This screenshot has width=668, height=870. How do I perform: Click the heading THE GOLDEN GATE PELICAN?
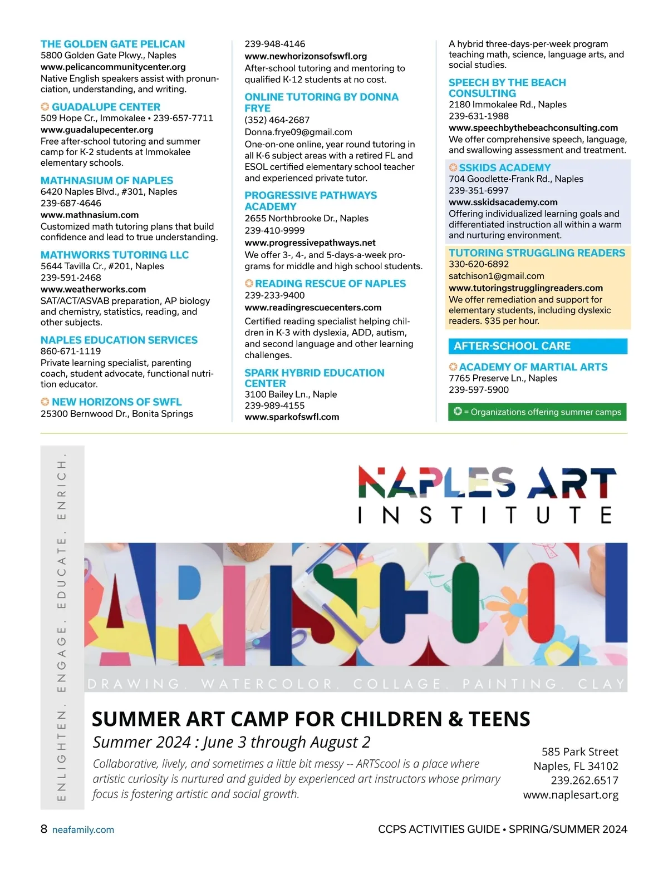tap(112, 44)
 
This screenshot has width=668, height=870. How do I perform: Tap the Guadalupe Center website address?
tap(97, 130)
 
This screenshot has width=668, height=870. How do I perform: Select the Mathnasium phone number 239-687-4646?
tap(71, 203)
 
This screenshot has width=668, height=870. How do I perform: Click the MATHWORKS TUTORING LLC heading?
tap(115, 255)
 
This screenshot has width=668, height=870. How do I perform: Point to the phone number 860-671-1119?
tap(71, 351)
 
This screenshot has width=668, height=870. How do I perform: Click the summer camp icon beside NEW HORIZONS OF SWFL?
tap(45, 402)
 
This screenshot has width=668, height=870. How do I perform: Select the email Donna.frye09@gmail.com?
tap(298, 132)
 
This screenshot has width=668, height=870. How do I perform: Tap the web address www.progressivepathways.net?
tap(310, 243)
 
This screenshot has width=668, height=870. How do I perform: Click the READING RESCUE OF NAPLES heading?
tap(331, 284)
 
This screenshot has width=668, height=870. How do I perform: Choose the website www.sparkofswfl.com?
tap(292, 417)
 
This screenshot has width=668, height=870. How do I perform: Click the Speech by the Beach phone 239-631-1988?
tap(479, 116)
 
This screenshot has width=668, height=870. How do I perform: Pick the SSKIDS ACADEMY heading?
tap(505, 168)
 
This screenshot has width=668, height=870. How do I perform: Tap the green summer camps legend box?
tap(538, 412)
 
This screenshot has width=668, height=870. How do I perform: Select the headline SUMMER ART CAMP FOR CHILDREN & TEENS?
tap(311, 719)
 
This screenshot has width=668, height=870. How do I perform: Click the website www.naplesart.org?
tap(571, 795)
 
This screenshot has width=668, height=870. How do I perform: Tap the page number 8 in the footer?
tap(44, 829)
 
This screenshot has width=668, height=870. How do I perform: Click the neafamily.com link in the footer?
tap(83, 830)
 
